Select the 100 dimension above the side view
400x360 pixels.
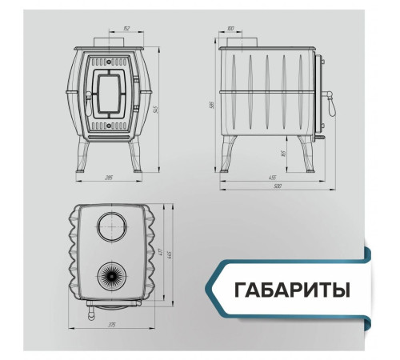coord(230,29)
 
